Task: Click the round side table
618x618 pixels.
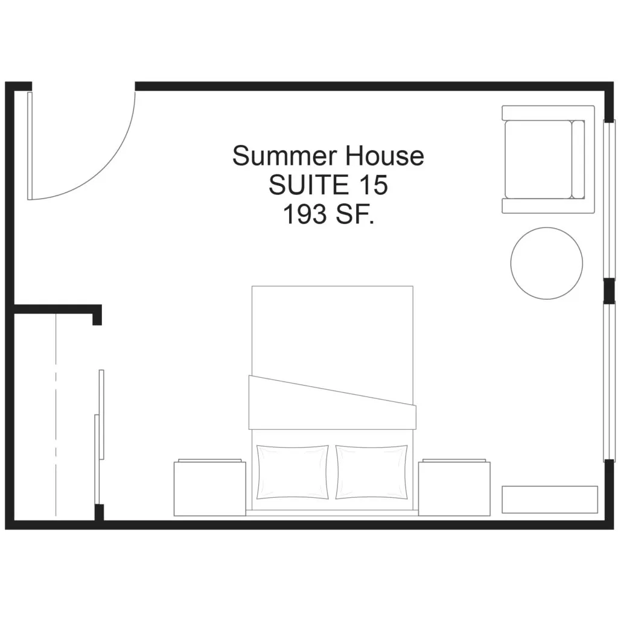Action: click(x=546, y=263)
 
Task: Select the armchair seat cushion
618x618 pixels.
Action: click(x=538, y=159)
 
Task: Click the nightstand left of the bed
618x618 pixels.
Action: click(x=209, y=488)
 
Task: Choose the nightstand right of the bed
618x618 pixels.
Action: click(x=454, y=488)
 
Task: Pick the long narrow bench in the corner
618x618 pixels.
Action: click(x=550, y=500)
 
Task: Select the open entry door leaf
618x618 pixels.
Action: click(x=30, y=146)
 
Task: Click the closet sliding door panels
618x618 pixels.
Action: click(x=99, y=437)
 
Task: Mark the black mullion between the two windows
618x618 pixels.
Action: click(x=609, y=291)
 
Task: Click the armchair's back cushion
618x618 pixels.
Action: click(x=578, y=159)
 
